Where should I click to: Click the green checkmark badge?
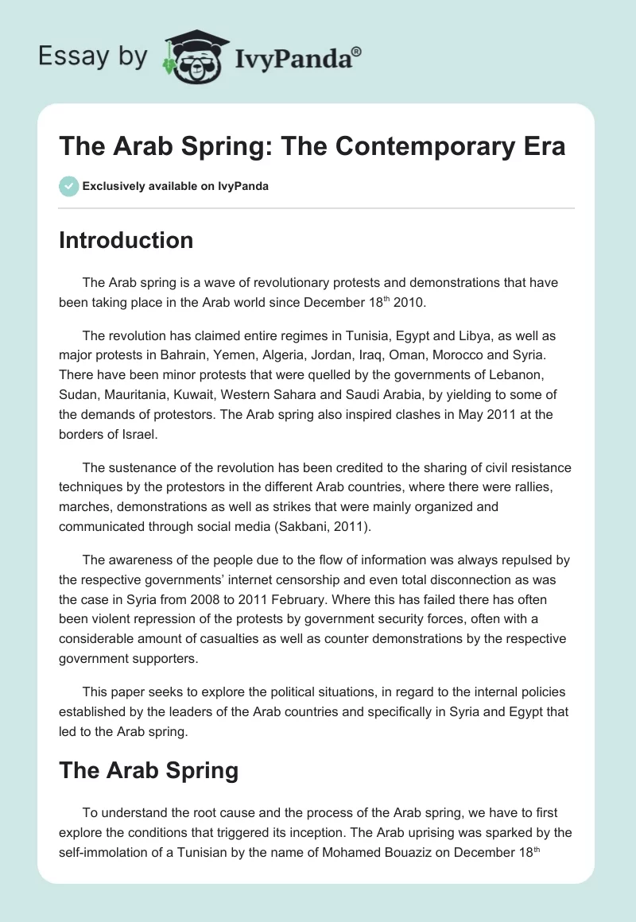tap(68, 186)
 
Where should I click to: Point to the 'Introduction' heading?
tap(126, 240)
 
